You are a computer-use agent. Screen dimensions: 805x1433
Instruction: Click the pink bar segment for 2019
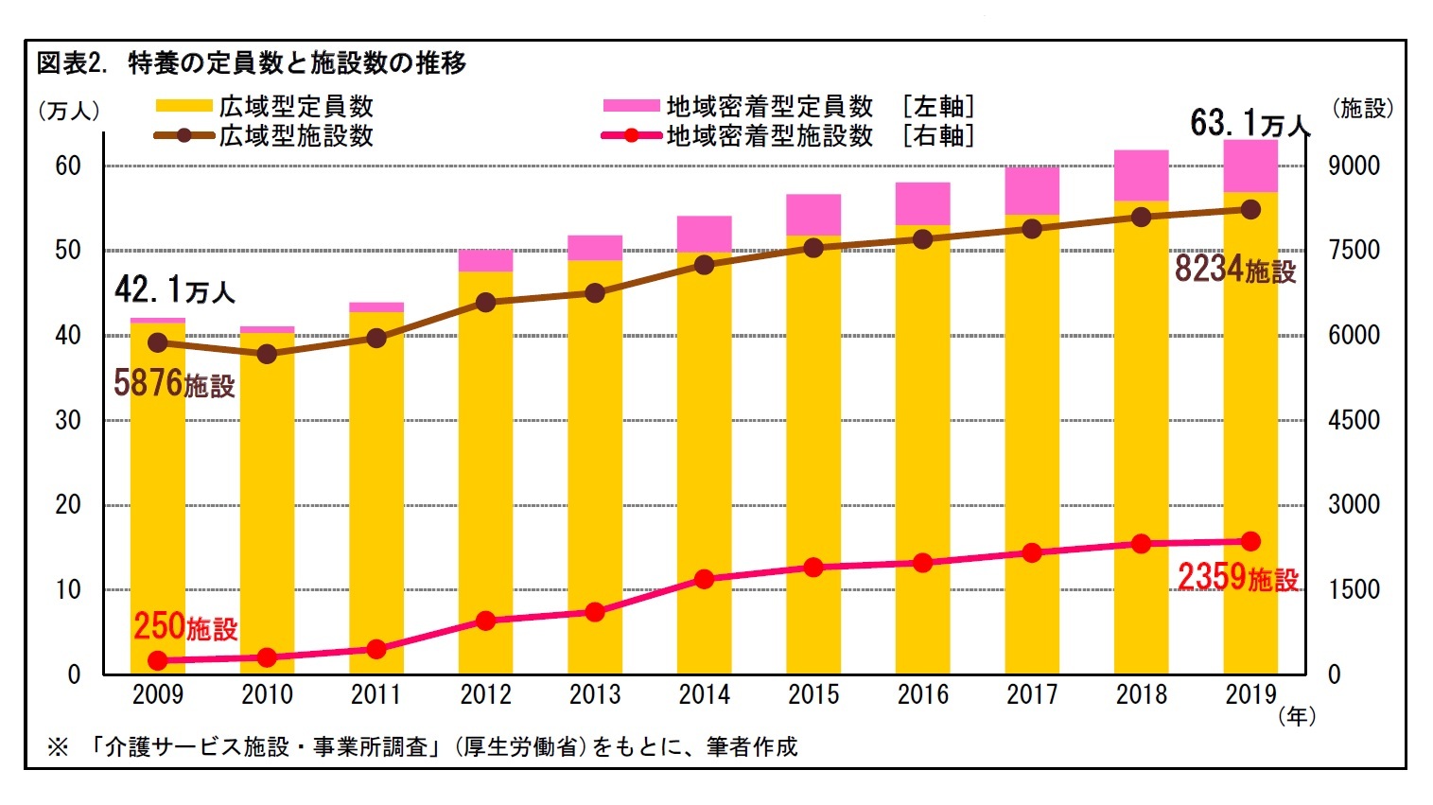1250,166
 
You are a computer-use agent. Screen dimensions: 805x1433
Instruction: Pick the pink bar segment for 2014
704,234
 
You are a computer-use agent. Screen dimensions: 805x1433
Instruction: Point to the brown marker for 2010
267,354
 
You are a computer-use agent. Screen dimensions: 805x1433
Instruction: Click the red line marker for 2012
485,621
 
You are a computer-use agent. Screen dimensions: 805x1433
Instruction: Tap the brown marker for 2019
1250,210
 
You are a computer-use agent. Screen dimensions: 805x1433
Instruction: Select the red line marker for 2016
923,563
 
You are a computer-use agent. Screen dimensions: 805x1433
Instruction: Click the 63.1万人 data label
1249,123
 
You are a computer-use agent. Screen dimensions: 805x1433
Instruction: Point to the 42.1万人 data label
174,289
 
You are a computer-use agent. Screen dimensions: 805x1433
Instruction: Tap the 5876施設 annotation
174,384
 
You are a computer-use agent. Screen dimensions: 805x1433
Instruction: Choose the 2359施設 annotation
1237,577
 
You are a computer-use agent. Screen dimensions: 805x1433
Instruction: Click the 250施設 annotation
185,626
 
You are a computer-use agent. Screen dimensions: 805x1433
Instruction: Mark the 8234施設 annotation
1234,270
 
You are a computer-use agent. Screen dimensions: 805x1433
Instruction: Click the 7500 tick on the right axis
1354,251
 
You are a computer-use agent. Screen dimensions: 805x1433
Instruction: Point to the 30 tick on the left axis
68,420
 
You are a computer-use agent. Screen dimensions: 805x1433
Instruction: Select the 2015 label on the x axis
813,695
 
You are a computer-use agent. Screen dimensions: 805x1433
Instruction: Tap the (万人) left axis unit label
68,111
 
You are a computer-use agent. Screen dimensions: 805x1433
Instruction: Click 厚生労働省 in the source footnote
520,747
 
